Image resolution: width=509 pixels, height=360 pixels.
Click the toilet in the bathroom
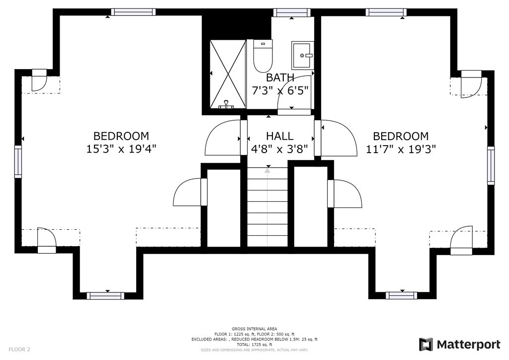[263, 56]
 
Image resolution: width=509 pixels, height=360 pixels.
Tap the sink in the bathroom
[303, 55]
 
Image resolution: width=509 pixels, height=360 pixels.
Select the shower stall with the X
[228, 74]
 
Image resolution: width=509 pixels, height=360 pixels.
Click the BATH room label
[280, 78]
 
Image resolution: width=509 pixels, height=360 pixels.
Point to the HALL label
[280, 136]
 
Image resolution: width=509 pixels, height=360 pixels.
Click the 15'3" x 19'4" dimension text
[121, 149]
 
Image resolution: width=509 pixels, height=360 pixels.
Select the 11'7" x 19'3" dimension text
[401, 149]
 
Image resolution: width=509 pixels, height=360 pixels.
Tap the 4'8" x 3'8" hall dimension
[280, 149]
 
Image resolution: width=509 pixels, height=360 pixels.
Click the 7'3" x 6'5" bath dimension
[280, 90]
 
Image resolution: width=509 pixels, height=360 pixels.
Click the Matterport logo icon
[426, 345]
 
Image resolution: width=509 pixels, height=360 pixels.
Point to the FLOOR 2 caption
[19, 350]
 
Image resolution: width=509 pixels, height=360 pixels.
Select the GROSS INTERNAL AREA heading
[254, 329]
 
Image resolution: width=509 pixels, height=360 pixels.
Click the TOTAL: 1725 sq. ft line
[254, 345]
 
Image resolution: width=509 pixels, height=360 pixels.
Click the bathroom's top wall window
[292, 12]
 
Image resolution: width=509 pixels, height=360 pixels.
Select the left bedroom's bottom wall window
[105, 296]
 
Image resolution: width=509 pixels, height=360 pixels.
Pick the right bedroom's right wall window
[491, 166]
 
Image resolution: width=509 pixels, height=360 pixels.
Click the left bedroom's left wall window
[18, 162]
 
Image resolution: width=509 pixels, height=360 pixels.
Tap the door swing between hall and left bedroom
[223, 137]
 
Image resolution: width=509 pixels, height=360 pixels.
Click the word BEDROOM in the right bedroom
[401, 136]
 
